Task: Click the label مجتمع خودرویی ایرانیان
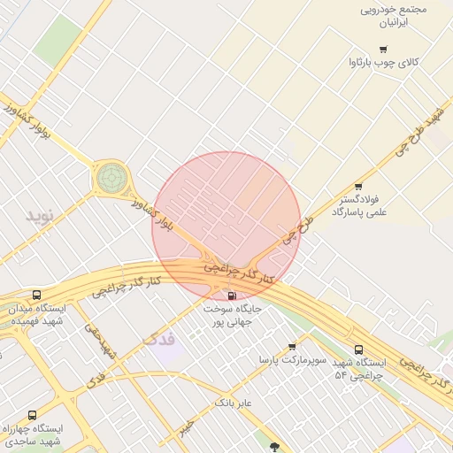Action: [394, 16]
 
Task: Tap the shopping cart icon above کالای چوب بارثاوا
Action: [382, 50]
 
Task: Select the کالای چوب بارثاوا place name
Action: [383, 63]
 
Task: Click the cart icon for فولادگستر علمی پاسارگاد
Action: [357, 186]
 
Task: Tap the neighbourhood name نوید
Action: [39, 215]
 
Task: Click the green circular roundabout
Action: [111, 177]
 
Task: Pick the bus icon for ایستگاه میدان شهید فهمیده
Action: [36, 295]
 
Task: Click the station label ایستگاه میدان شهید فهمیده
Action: [38, 314]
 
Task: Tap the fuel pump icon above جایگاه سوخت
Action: [232, 296]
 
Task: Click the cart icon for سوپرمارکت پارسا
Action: [292, 347]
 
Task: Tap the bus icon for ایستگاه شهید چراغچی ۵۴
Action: [358, 349]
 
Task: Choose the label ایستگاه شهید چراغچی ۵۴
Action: [360, 369]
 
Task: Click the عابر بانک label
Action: [234, 403]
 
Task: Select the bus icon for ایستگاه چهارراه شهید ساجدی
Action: [33, 415]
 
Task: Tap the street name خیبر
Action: [185, 428]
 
